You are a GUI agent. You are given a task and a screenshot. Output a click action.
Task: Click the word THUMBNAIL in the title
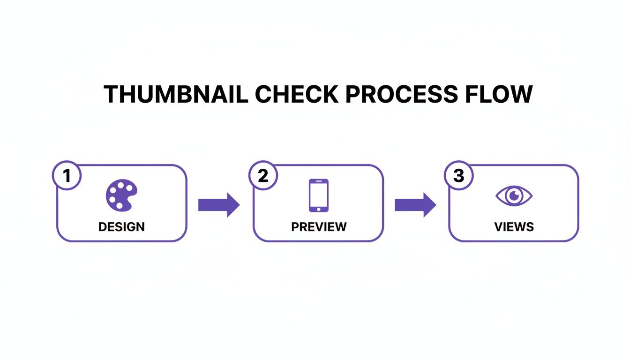pyautogui.click(x=176, y=94)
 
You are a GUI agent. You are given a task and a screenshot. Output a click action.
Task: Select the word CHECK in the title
pyautogui.click(x=296, y=94)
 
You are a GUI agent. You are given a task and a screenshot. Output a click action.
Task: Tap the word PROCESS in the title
pyautogui.click(x=401, y=94)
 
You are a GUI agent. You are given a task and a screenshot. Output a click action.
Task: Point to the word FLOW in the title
pyautogui.click(x=499, y=94)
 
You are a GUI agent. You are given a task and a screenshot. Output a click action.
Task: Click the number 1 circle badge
pyautogui.click(x=67, y=176)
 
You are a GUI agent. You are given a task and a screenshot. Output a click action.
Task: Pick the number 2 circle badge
pyautogui.click(x=263, y=176)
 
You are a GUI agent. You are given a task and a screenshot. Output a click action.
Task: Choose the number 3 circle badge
pyautogui.click(x=458, y=176)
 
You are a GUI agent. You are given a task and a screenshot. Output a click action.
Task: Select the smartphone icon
pyautogui.click(x=318, y=195)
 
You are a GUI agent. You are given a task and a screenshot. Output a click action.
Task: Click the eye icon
pyautogui.click(x=514, y=195)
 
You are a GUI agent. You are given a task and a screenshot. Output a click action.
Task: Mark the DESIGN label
pyautogui.click(x=121, y=227)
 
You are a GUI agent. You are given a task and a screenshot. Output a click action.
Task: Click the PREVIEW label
pyautogui.click(x=319, y=227)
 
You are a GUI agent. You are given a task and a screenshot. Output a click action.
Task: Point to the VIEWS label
pyautogui.click(x=514, y=227)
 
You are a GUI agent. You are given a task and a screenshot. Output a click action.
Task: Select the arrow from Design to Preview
pyautogui.click(x=219, y=205)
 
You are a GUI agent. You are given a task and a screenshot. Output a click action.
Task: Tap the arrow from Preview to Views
pyautogui.click(x=415, y=205)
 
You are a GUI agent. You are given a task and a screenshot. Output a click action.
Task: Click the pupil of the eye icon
pyautogui.click(x=514, y=195)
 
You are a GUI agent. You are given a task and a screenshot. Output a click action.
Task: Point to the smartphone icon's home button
pyautogui.click(x=318, y=208)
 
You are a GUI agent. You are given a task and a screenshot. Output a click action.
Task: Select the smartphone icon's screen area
pyautogui.click(x=318, y=193)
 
